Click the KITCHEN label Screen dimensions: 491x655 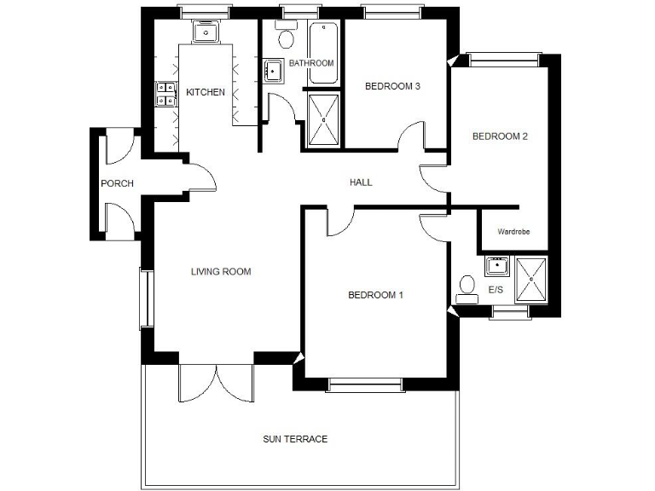[x=206, y=92]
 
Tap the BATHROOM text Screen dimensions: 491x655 [x=310, y=64]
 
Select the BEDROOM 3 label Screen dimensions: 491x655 [x=392, y=86]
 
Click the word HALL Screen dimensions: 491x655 [x=361, y=182]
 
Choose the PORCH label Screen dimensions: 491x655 [x=117, y=183]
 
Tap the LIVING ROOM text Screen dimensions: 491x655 [x=220, y=272]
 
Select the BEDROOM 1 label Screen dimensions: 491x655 [x=375, y=295]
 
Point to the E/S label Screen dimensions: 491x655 [x=496, y=291]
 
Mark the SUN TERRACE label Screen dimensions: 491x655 [x=294, y=439]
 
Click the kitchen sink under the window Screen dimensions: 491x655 [x=206, y=32]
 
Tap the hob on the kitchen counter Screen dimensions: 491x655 [x=165, y=94]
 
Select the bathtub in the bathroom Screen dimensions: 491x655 [x=323, y=53]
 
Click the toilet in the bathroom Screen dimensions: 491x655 [x=286, y=37]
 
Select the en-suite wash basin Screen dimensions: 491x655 [x=496, y=267]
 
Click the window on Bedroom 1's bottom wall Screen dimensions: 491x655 [x=365, y=387]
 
